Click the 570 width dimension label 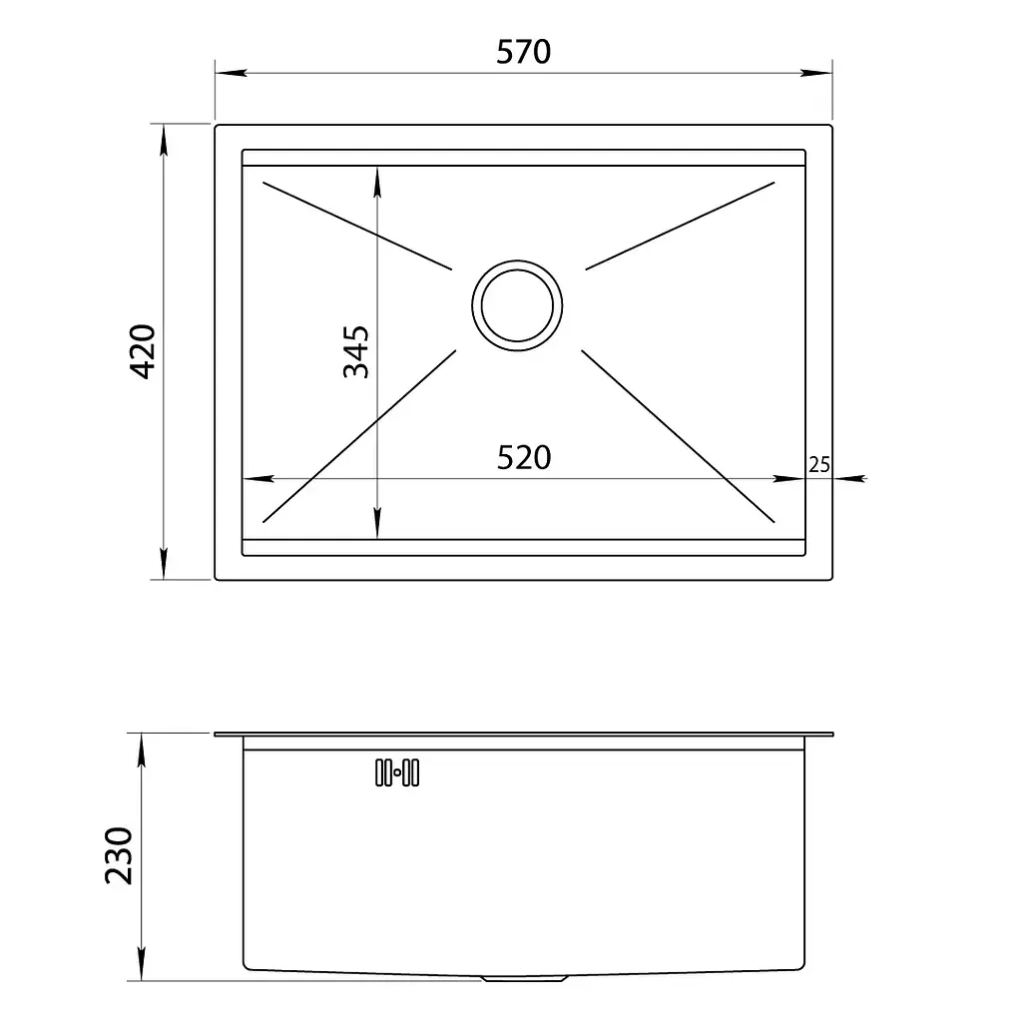pos(523,52)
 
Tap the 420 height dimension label pos(143,351)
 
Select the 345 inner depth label pos(356,352)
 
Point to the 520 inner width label pos(523,457)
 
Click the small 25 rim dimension pos(819,465)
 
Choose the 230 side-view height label pos(119,855)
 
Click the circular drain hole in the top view pos(517,305)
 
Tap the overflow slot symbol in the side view pos(397,772)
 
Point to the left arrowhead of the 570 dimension pos(231,72)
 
